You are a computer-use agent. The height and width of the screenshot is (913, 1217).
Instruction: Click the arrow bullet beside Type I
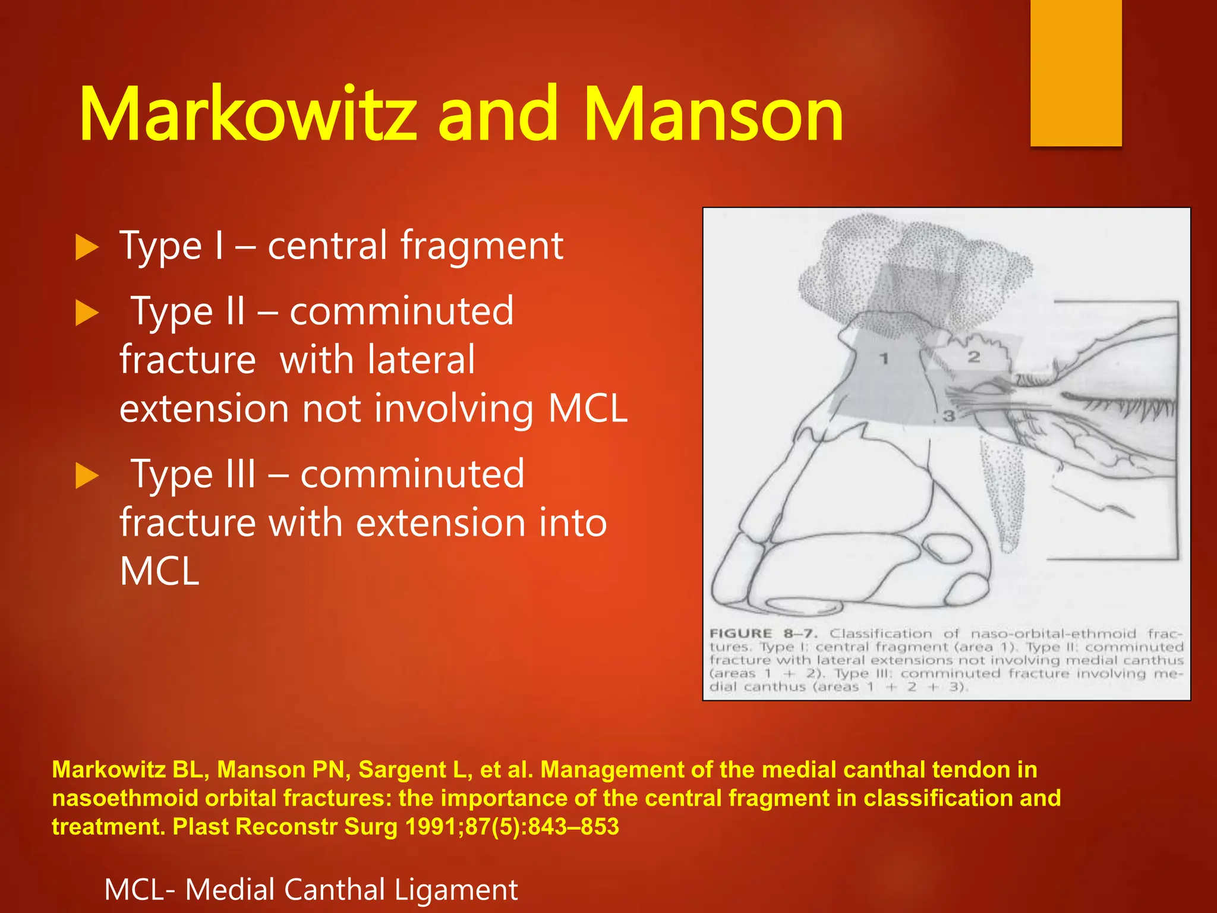[87, 247]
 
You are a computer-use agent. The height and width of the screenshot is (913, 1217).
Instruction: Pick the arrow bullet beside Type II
[87, 313]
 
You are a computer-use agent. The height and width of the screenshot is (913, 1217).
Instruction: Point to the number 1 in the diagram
[884, 358]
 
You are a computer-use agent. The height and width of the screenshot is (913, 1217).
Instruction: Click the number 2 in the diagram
[973, 357]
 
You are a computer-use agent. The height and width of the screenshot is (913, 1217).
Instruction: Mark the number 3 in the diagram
[949, 416]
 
